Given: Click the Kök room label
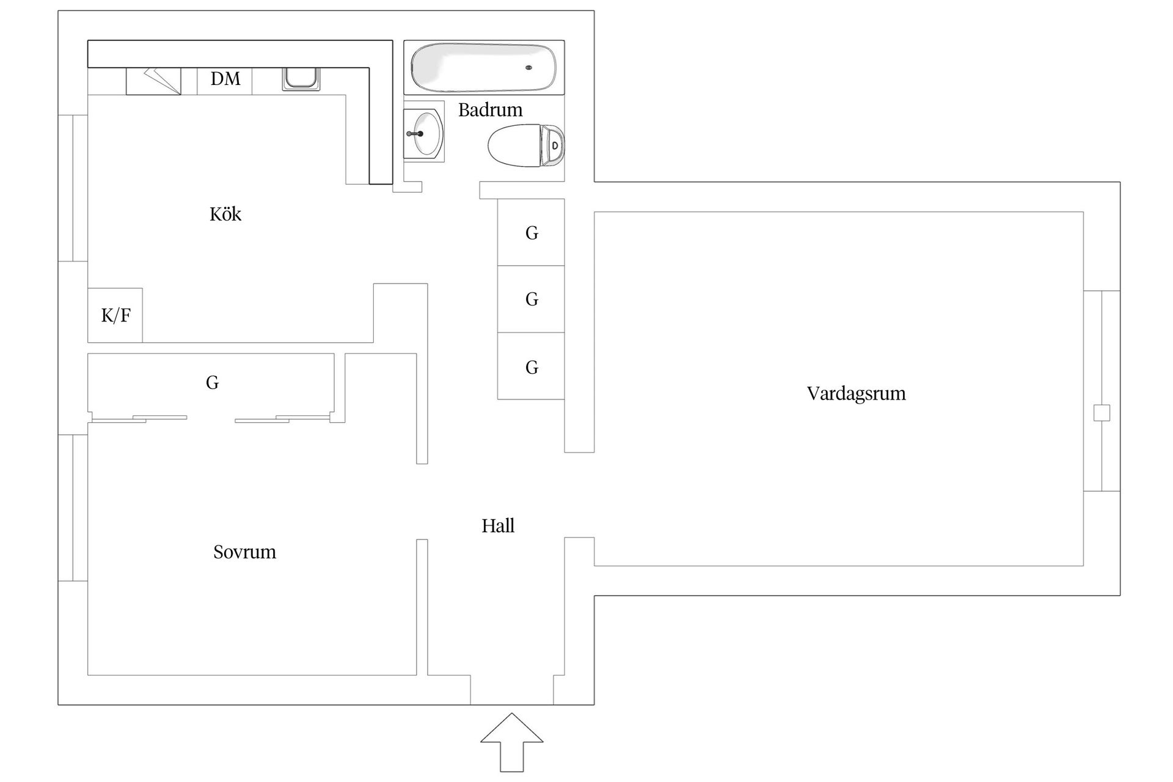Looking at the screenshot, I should pos(225,214).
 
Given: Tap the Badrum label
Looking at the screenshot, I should pos(490,110).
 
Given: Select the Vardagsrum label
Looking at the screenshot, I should pos(856,393).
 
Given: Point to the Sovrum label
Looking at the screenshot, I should pos(244,552).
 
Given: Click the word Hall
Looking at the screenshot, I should pos(498,525).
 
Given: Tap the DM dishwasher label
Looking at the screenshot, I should pos(225,79).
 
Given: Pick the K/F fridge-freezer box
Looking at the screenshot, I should pos(115,315).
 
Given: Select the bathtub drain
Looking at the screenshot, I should pos(528,68).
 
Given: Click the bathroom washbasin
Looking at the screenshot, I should pos(426,133).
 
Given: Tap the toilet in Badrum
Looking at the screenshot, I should pos(525,146).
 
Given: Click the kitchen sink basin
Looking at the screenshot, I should pos(301,78).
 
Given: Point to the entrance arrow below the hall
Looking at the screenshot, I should pos(511,740).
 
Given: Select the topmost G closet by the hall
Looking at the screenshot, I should pos(531,232).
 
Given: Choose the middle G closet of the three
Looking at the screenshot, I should pos(531,299).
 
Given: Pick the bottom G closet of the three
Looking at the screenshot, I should pos(531,367).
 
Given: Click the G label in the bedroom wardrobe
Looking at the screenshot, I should pos(212,382).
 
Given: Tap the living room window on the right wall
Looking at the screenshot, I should pos(1102,391).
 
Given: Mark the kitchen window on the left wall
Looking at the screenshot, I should pos(73,188).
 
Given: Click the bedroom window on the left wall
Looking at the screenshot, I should pos(73,508).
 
